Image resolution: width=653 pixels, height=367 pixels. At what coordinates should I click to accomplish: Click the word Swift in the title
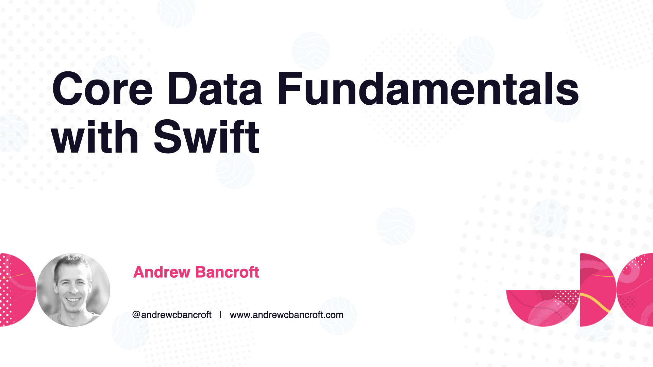(x=207, y=137)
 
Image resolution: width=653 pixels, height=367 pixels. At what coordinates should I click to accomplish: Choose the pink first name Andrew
(x=162, y=272)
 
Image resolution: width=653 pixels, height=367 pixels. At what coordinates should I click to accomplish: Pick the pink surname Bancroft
(x=228, y=272)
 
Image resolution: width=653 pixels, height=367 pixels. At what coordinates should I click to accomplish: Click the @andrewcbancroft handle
(x=172, y=315)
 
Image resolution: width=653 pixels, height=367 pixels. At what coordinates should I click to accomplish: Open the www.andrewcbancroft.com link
(x=287, y=315)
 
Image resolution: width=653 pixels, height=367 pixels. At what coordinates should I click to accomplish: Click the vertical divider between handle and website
(x=220, y=315)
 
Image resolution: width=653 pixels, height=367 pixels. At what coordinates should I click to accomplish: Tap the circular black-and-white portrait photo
(x=73, y=290)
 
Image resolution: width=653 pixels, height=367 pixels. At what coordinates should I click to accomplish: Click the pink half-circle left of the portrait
(x=17, y=290)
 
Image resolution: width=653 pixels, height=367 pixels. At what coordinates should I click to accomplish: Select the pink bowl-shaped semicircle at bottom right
(x=543, y=308)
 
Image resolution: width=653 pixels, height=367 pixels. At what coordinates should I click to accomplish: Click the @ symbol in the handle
(x=136, y=315)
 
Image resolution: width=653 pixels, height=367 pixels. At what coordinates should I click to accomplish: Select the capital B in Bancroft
(x=201, y=272)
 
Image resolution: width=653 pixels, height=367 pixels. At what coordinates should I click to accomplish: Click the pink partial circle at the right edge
(x=635, y=290)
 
